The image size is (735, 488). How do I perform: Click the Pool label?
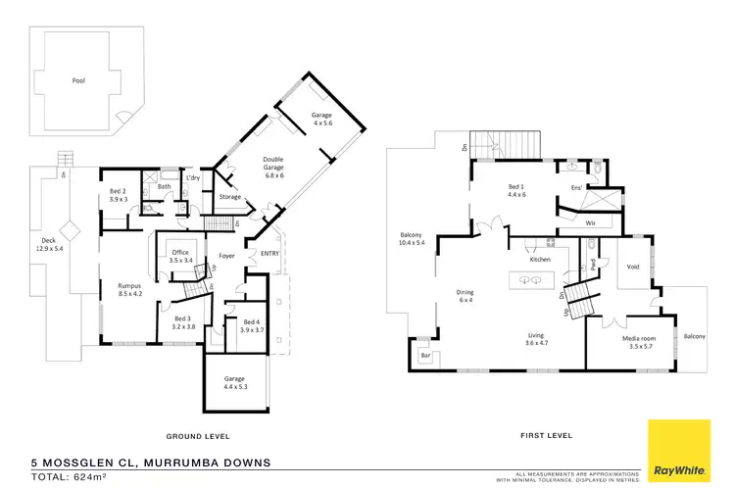77,81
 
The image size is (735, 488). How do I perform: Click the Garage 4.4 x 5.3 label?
232,383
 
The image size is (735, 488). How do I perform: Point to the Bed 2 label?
118,194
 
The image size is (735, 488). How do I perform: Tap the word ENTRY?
258,254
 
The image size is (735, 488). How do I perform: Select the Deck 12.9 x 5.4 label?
49,244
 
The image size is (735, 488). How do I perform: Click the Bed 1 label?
517,189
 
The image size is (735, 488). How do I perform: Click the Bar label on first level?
424,355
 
